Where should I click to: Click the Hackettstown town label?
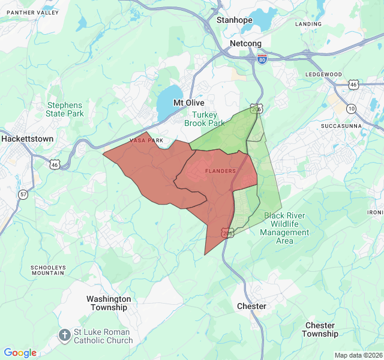[x=27, y=139]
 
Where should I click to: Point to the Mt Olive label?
[x=189, y=103]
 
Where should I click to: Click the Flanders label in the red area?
[x=220, y=171]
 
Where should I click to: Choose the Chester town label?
[x=251, y=306]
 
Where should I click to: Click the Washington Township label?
[x=109, y=303]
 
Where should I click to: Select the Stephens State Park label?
[x=65, y=109]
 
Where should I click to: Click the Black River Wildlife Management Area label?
[x=284, y=228]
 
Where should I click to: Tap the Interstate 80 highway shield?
[x=262, y=59]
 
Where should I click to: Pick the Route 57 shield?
[x=23, y=194]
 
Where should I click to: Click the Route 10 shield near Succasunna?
[x=351, y=108]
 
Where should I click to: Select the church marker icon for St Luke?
[x=64, y=335]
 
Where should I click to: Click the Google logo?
[x=20, y=353]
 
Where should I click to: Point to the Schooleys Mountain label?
[x=47, y=270]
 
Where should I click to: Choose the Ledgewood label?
[x=323, y=74]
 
